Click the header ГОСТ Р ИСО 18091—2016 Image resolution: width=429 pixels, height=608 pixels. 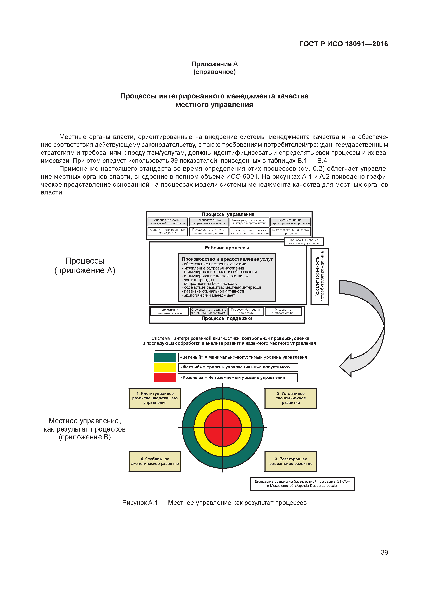tap(343, 44)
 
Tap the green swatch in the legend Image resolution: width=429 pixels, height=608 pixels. tap(165, 358)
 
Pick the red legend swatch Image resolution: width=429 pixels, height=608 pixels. tap(165, 377)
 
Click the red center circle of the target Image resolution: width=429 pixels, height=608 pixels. tap(223, 428)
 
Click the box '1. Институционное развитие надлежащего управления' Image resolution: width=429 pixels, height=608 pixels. tap(155, 398)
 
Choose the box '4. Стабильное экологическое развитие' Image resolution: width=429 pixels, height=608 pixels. tap(155, 461)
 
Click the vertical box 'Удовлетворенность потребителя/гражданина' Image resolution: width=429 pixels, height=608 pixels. tap(320, 276)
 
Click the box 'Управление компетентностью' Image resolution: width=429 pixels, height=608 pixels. tap(170, 311)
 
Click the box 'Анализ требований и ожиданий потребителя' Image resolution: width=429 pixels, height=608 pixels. tap(168, 222)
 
